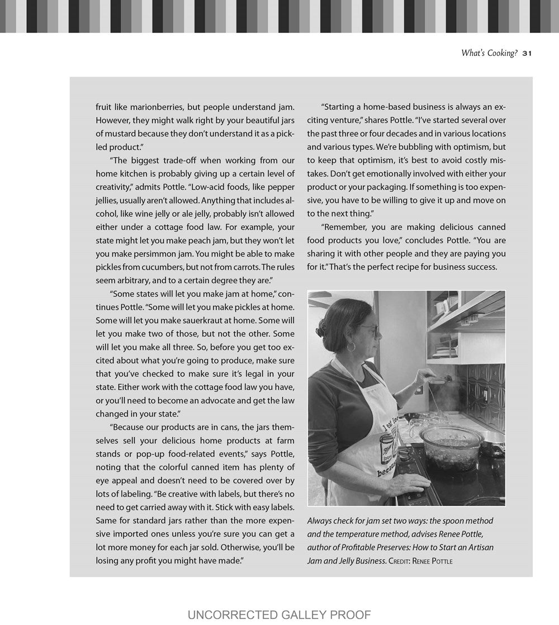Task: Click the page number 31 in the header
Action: tap(527, 54)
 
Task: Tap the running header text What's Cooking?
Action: tap(489, 53)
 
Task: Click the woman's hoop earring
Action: tap(351, 346)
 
